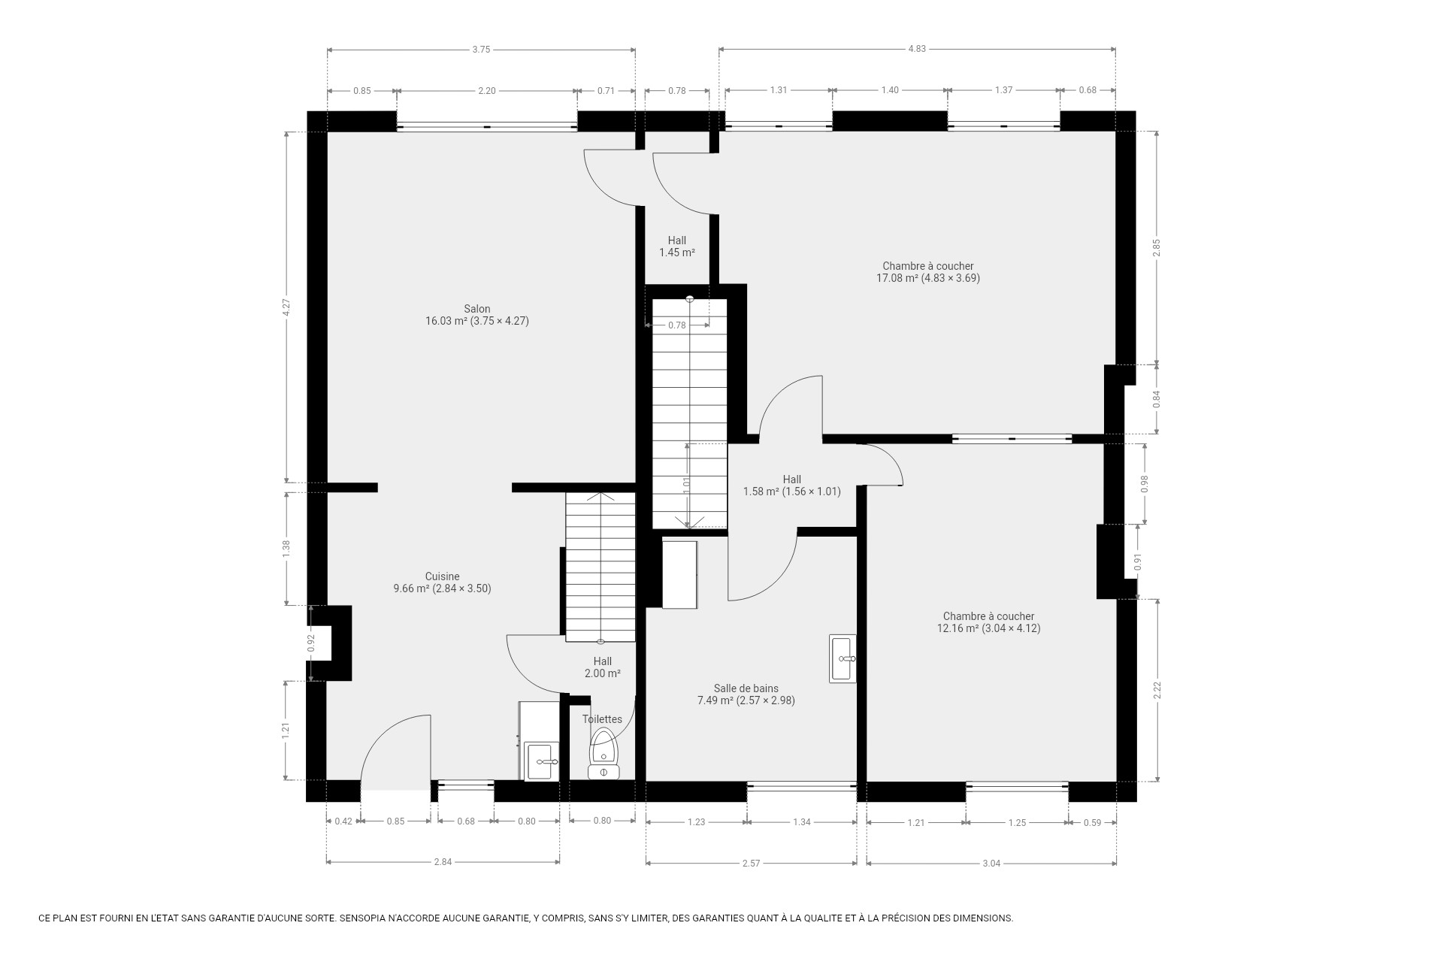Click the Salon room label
pos(477,315)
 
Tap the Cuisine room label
pos(442,582)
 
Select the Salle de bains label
pos(746,694)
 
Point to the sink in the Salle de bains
pos(843,659)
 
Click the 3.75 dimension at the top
pos(481,50)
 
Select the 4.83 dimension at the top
pos(917,49)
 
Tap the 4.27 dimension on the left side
pos(286,307)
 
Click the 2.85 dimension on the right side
pos(1157,248)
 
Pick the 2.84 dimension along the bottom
pos(443,862)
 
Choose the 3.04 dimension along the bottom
pos(991,864)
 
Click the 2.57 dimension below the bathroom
pos(751,864)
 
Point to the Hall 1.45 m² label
pos(677,247)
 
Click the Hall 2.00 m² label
pos(603,667)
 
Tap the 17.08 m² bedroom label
pos(928,272)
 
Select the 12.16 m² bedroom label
pos(989,622)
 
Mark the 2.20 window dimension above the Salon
pos(487,91)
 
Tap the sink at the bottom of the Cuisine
pos(541,761)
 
